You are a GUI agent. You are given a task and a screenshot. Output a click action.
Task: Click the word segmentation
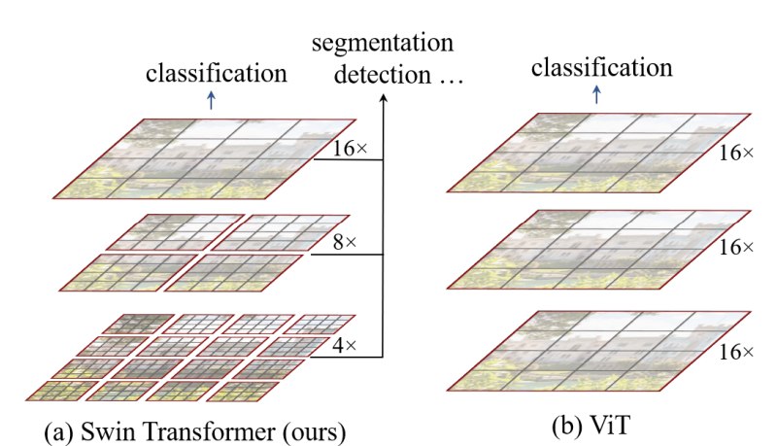383,44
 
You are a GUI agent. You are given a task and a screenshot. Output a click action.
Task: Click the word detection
383,75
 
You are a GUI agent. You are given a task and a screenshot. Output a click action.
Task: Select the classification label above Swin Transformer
216,73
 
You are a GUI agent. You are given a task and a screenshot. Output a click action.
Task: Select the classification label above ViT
601,67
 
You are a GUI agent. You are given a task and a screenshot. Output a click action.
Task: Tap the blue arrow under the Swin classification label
212,100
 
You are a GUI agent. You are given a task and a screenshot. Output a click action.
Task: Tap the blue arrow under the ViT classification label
596,94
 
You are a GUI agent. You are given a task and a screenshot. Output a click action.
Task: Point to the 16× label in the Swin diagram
350,148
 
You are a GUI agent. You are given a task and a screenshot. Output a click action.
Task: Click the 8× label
345,242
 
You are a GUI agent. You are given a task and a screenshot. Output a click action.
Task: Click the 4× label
344,345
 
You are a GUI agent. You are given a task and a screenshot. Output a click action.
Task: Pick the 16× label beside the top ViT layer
736,154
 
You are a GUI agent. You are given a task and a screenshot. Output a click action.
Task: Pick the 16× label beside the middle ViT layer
736,247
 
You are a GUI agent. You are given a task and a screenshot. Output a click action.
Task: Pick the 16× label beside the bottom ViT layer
736,352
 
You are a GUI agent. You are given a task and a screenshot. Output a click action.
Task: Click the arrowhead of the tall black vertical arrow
383,98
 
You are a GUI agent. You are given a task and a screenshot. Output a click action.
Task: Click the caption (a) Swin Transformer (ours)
195,431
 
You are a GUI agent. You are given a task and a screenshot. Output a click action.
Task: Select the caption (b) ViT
591,426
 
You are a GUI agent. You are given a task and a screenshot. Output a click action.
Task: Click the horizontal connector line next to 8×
347,255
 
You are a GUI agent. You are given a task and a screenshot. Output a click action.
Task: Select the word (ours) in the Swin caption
315,432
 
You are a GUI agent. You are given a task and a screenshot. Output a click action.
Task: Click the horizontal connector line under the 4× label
347,357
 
